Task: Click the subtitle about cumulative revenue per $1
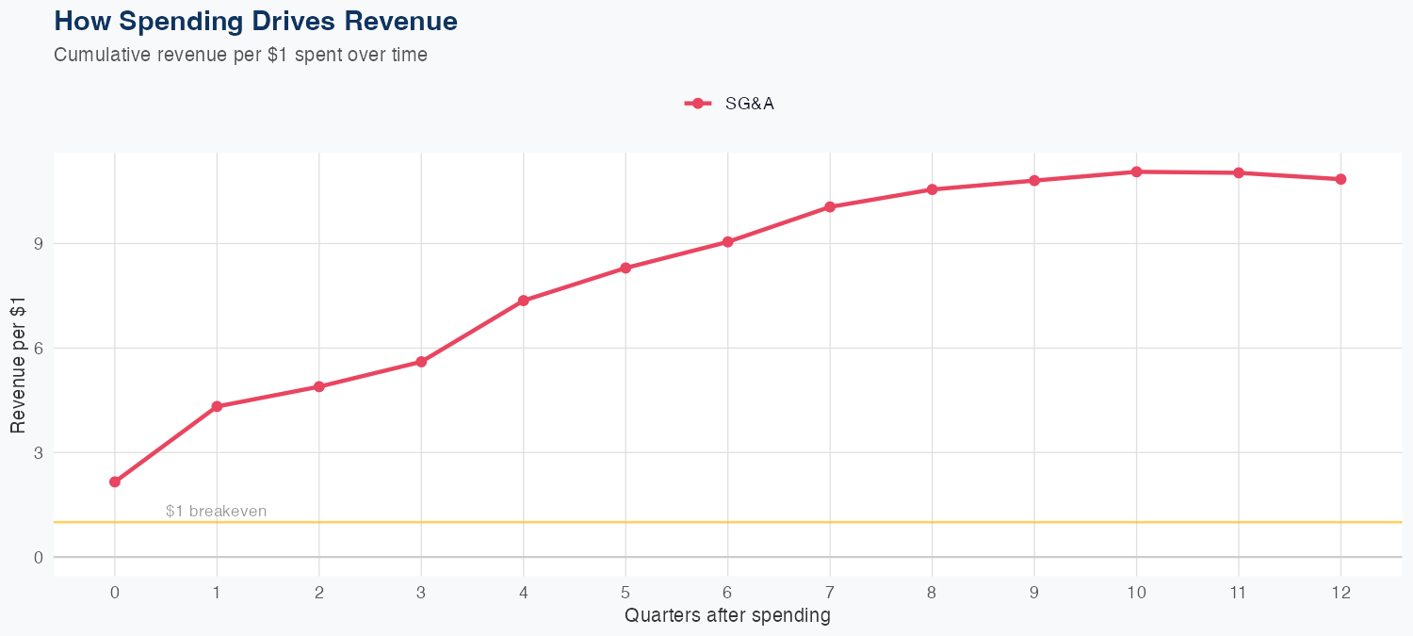240,55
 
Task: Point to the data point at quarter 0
115,481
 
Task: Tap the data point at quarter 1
217,406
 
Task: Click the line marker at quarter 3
421,362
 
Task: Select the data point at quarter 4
524,301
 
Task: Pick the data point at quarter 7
830,206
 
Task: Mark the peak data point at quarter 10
1136,171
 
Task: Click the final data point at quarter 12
1340,179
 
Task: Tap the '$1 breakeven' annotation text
216,512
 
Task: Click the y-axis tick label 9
39,243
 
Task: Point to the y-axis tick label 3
39,452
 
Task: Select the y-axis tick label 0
39,557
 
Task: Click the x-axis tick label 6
727,593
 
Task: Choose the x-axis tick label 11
1238,593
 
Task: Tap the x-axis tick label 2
319,593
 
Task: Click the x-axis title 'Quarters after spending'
727,616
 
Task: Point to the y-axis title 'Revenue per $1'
18,364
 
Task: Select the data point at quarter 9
1034,180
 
